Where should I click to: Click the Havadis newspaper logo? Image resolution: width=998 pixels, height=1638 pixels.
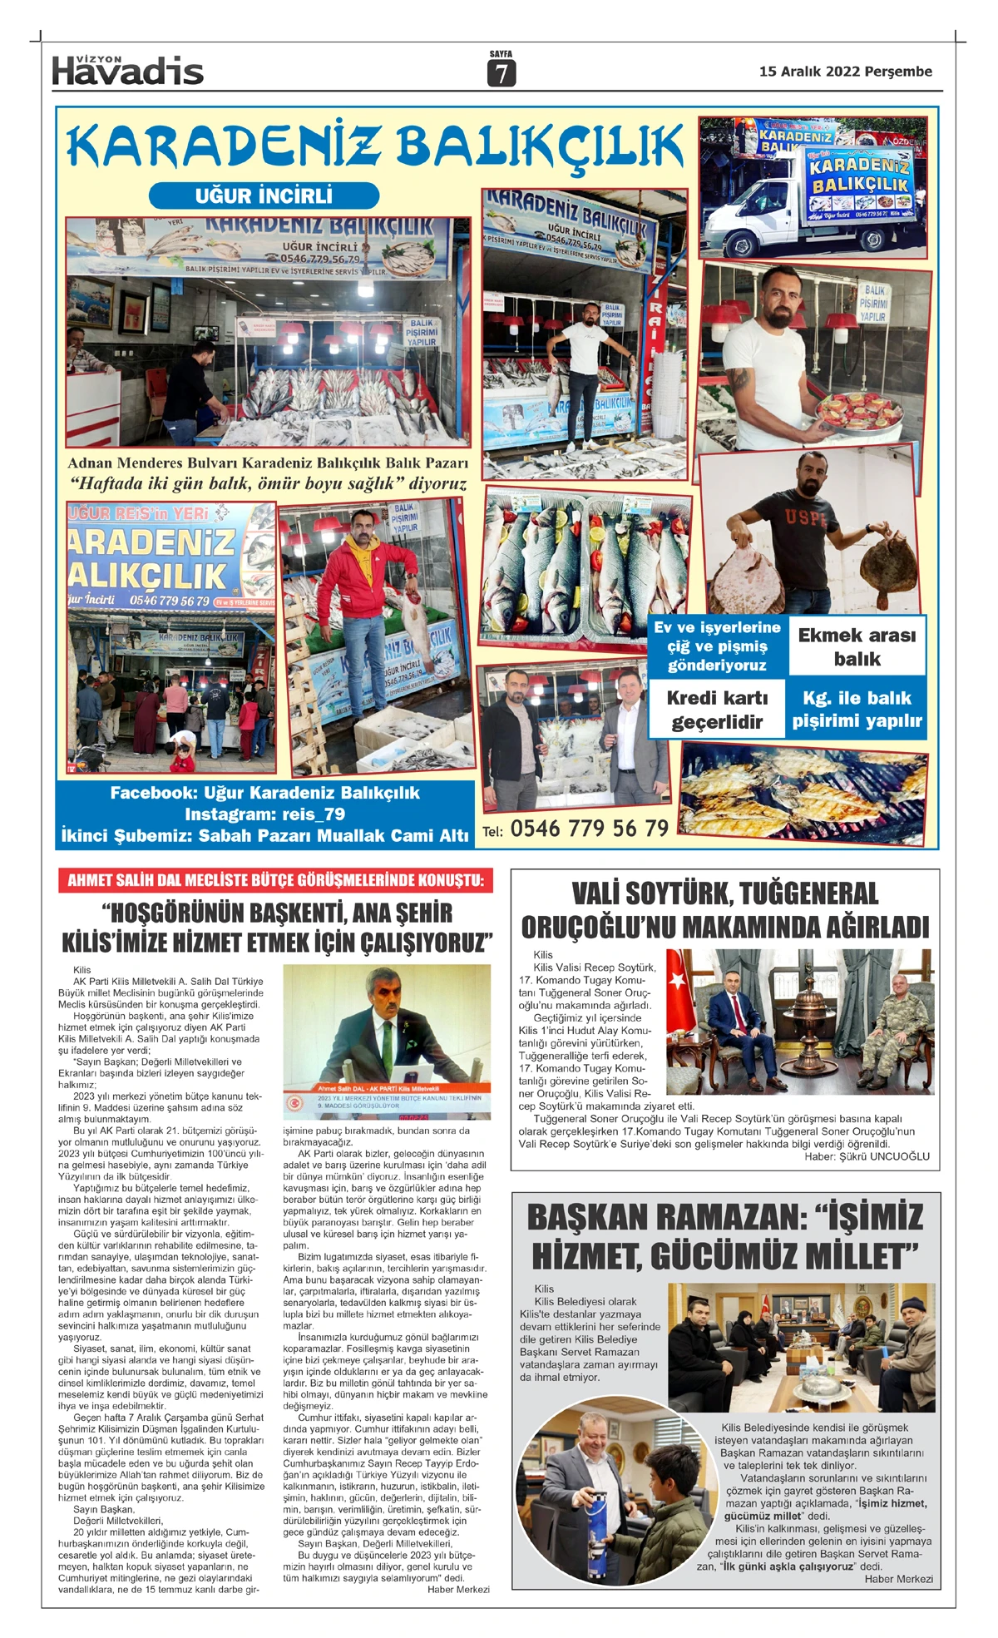click(127, 70)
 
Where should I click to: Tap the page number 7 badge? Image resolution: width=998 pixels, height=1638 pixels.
click(501, 73)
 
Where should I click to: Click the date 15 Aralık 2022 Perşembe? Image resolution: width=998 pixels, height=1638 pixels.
click(845, 72)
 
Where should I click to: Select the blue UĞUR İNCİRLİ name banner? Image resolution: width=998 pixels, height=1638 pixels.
click(264, 195)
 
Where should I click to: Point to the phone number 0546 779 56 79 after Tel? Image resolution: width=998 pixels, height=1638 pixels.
click(589, 829)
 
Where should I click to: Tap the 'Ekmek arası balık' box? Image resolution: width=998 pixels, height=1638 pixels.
click(857, 646)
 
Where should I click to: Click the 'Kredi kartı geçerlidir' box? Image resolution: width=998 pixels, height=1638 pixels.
click(717, 710)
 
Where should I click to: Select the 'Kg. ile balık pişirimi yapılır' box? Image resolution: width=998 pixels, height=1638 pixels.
click(857, 710)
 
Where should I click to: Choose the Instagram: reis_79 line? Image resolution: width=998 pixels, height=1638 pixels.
click(264, 814)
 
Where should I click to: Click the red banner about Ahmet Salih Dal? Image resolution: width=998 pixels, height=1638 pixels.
click(275, 880)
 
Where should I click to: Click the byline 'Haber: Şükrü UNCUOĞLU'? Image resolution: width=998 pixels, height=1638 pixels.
click(867, 1156)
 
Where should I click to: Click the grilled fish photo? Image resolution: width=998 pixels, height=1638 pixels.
click(803, 791)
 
